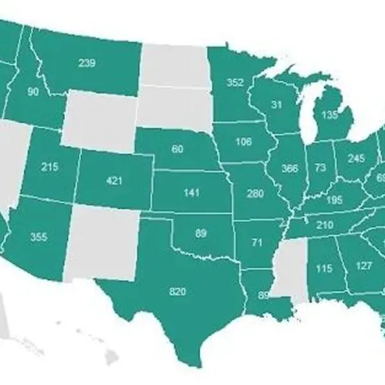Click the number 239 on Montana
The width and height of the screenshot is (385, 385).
click(x=87, y=63)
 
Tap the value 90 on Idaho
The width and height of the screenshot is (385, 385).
click(x=33, y=92)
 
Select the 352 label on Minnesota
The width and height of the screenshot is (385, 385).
click(x=235, y=82)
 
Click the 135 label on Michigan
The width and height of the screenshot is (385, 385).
click(x=330, y=116)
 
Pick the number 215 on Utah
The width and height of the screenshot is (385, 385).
click(x=49, y=167)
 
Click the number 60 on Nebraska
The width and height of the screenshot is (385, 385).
click(x=178, y=149)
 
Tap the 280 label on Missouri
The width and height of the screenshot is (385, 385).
click(x=255, y=192)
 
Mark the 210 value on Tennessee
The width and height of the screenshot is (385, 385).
click(x=325, y=225)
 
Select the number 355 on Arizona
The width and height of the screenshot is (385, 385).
click(x=38, y=237)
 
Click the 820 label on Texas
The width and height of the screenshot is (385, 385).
click(x=178, y=292)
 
